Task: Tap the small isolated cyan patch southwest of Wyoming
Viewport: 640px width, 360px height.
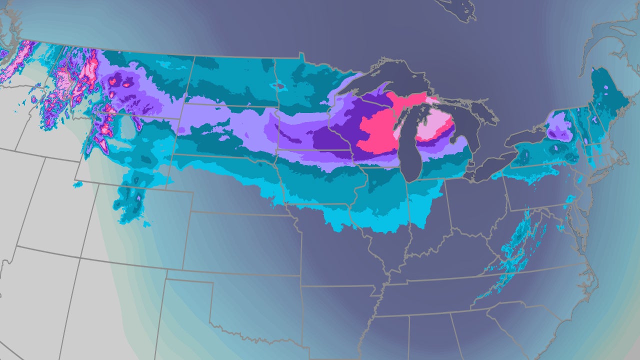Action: pyautogui.click(x=77, y=185)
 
